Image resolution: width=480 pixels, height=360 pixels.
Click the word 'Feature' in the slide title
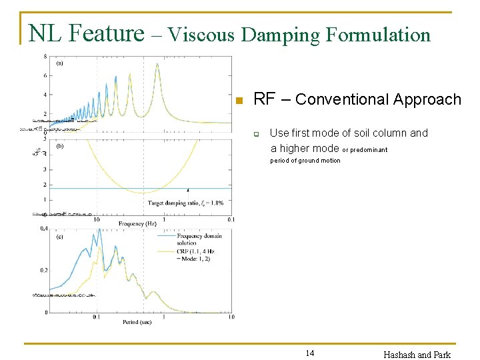[107, 33]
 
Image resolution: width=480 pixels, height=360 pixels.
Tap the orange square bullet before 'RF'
[240, 101]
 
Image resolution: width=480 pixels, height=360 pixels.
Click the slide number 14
[309, 353]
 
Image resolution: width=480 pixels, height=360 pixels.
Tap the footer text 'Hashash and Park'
[417, 354]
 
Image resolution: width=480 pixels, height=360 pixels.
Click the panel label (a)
[59, 63]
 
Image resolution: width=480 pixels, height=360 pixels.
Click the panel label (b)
[59, 146]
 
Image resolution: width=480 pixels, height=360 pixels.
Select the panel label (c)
[59, 236]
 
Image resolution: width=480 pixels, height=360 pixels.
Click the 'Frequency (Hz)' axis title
[143, 223]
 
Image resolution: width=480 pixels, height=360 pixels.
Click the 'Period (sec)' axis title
[137, 322]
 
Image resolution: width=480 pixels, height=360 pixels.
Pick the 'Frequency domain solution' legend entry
[199, 239]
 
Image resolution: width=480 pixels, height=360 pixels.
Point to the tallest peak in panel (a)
[157, 64]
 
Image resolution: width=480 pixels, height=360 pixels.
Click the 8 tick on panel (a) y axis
[45, 57]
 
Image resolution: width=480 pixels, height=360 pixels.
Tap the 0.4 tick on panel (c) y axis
[43, 229]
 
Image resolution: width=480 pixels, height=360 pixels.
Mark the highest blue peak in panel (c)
[99, 230]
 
